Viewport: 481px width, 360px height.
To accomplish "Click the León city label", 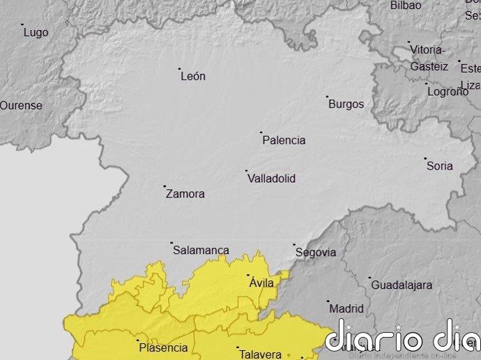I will click(x=193, y=76).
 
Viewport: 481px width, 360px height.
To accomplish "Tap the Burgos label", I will click(x=346, y=105).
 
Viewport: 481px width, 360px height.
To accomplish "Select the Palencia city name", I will click(x=284, y=140).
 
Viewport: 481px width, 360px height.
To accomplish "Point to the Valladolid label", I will click(x=271, y=179).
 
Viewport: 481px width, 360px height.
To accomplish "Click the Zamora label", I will click(x=185, y=194).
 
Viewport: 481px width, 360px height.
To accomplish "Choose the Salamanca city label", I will click(x=201, y=250).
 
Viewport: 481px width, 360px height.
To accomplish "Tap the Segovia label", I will click(x=316, y=253).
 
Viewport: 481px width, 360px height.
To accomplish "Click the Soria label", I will click(x=439, y=166).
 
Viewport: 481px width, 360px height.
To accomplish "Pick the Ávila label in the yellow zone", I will click(x=262, y=283).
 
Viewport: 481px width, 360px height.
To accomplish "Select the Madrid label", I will click(x=346, y=308).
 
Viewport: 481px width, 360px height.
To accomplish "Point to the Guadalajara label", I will click(x=402, y=285).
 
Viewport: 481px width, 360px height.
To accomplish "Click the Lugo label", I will click(x=36, y=33).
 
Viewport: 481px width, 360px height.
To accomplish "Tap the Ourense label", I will click(x=21, y=106).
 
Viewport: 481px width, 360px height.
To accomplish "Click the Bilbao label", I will click(x=406, y=6).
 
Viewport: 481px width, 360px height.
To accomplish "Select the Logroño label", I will click(x=448, y=91).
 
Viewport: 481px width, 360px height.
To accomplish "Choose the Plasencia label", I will click(x=163, y=347).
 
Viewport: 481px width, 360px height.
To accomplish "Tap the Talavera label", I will click(x=260, y=354).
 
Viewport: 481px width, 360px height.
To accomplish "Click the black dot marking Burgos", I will click(x=327, y=97).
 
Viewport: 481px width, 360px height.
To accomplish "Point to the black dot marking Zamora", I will click(x=165, y=186).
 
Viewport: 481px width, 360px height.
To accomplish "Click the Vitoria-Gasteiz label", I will click(x=429, y=58).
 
